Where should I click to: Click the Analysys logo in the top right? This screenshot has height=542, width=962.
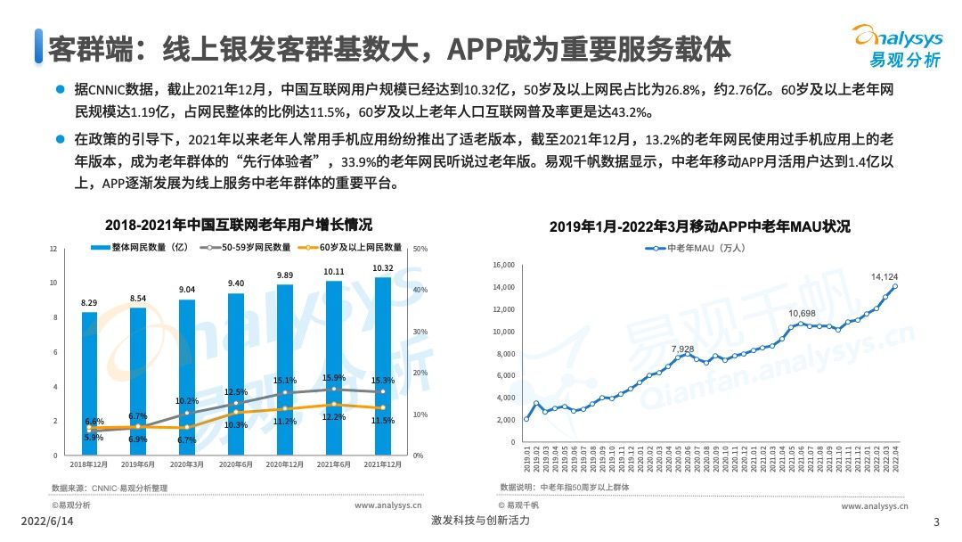[897, 45]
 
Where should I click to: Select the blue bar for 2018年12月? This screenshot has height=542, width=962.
[89, 383]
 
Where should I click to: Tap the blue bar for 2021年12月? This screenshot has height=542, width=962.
[382, 365]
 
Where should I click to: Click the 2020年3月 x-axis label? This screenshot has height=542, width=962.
[187, 465]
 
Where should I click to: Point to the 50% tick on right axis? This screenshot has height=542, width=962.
[421, 250]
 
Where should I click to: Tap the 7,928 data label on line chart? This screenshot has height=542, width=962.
[684, 349]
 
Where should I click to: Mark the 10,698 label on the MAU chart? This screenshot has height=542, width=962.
[801, 314]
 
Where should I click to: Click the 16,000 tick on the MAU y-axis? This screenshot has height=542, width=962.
[504, 265]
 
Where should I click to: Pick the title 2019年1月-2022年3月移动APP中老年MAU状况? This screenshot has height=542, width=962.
[699, 226]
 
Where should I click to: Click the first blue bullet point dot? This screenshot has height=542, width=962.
[60, 90]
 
